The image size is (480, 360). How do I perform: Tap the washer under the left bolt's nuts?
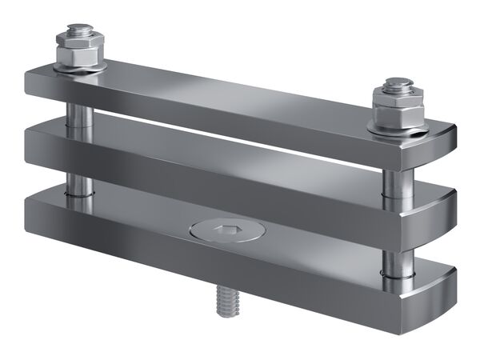[80, 69]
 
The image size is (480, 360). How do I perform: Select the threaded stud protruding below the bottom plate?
[225, 303]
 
